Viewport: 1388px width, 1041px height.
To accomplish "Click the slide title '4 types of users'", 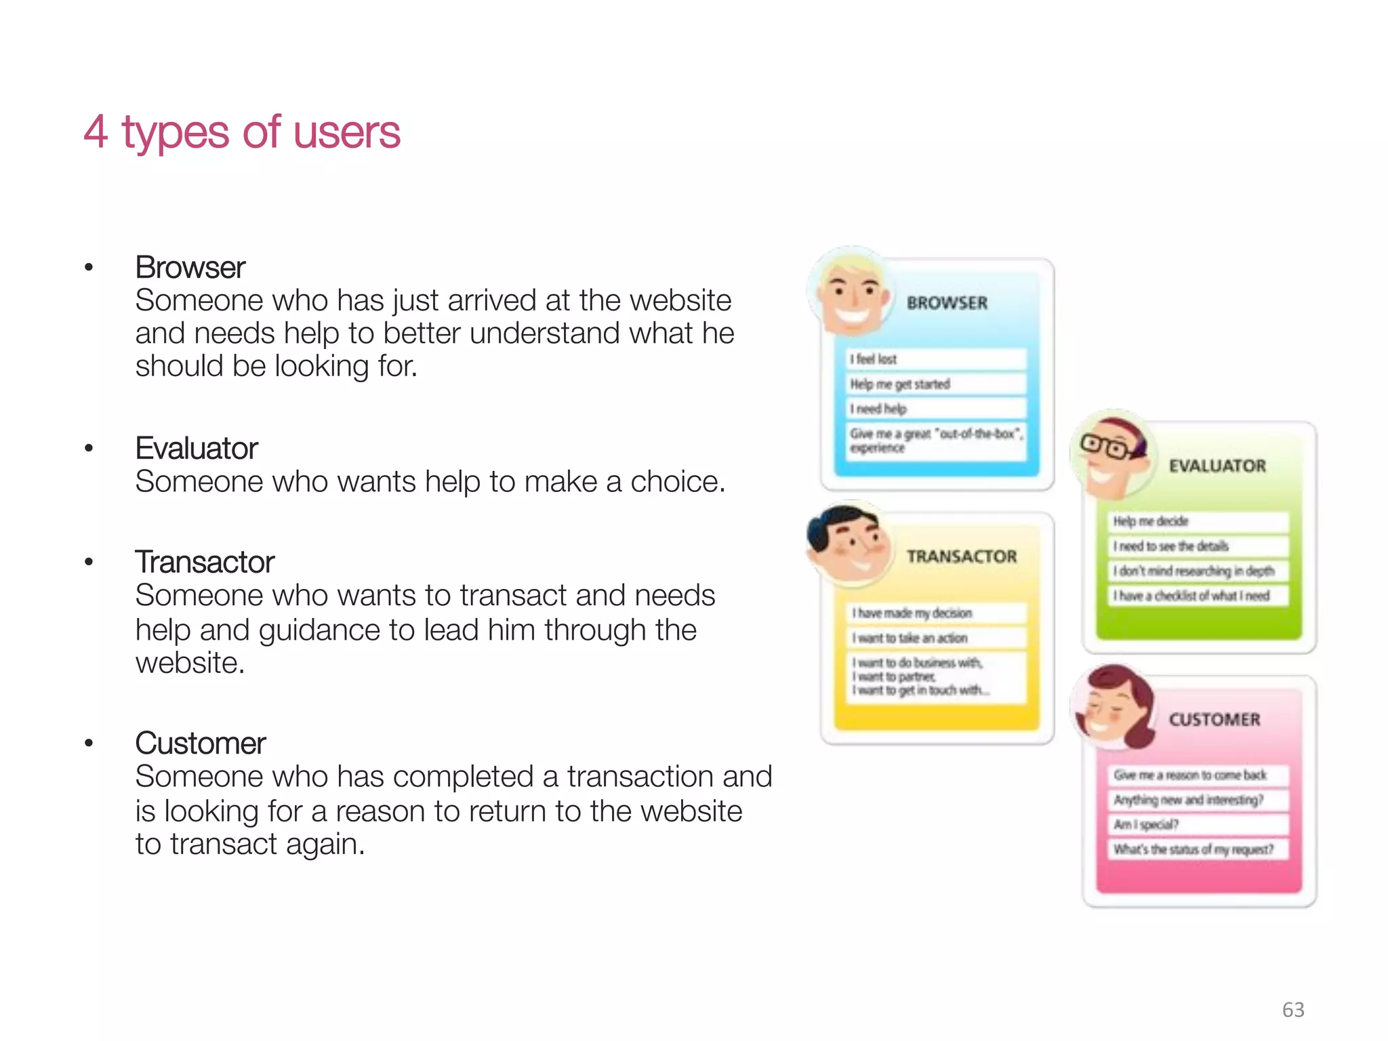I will pyautogui.click(x=241, y=131).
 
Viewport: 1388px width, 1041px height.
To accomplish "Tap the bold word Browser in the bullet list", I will pyautogui.click(x=190, y=268).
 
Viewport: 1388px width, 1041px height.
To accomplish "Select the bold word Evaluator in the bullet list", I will pyautogui.click(x=197, y=449).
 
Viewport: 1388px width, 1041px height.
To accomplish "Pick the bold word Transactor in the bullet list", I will pyautogui.click(x=205, y=562).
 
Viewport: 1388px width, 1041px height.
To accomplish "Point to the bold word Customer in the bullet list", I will pyautogui.click(x=201, y=743).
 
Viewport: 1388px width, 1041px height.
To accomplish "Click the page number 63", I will pyautogui.click(x=1292, y=1010).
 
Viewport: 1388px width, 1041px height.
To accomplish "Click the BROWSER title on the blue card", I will pyautogui.click(x=947, y=303).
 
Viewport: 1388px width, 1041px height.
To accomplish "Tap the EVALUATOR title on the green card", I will pyautogui.click(x=1217, y=466).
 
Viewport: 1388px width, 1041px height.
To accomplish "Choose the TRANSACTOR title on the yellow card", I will pyautogui.click(x=961, y=556).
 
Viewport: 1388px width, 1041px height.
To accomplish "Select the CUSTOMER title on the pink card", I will pyautogui.click(x=1214, y=720).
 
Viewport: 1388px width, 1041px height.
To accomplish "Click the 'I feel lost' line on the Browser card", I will pyautogui.click(x=874, y=359).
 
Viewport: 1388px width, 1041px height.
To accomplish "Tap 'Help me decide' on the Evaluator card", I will pyautogui.click(x=1151, y=521).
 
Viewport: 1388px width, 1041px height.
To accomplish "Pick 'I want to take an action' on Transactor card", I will pyautogui.click(x=910, y=638).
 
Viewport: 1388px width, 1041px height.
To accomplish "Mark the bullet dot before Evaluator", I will pyautogui.click(x=89, y=449).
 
